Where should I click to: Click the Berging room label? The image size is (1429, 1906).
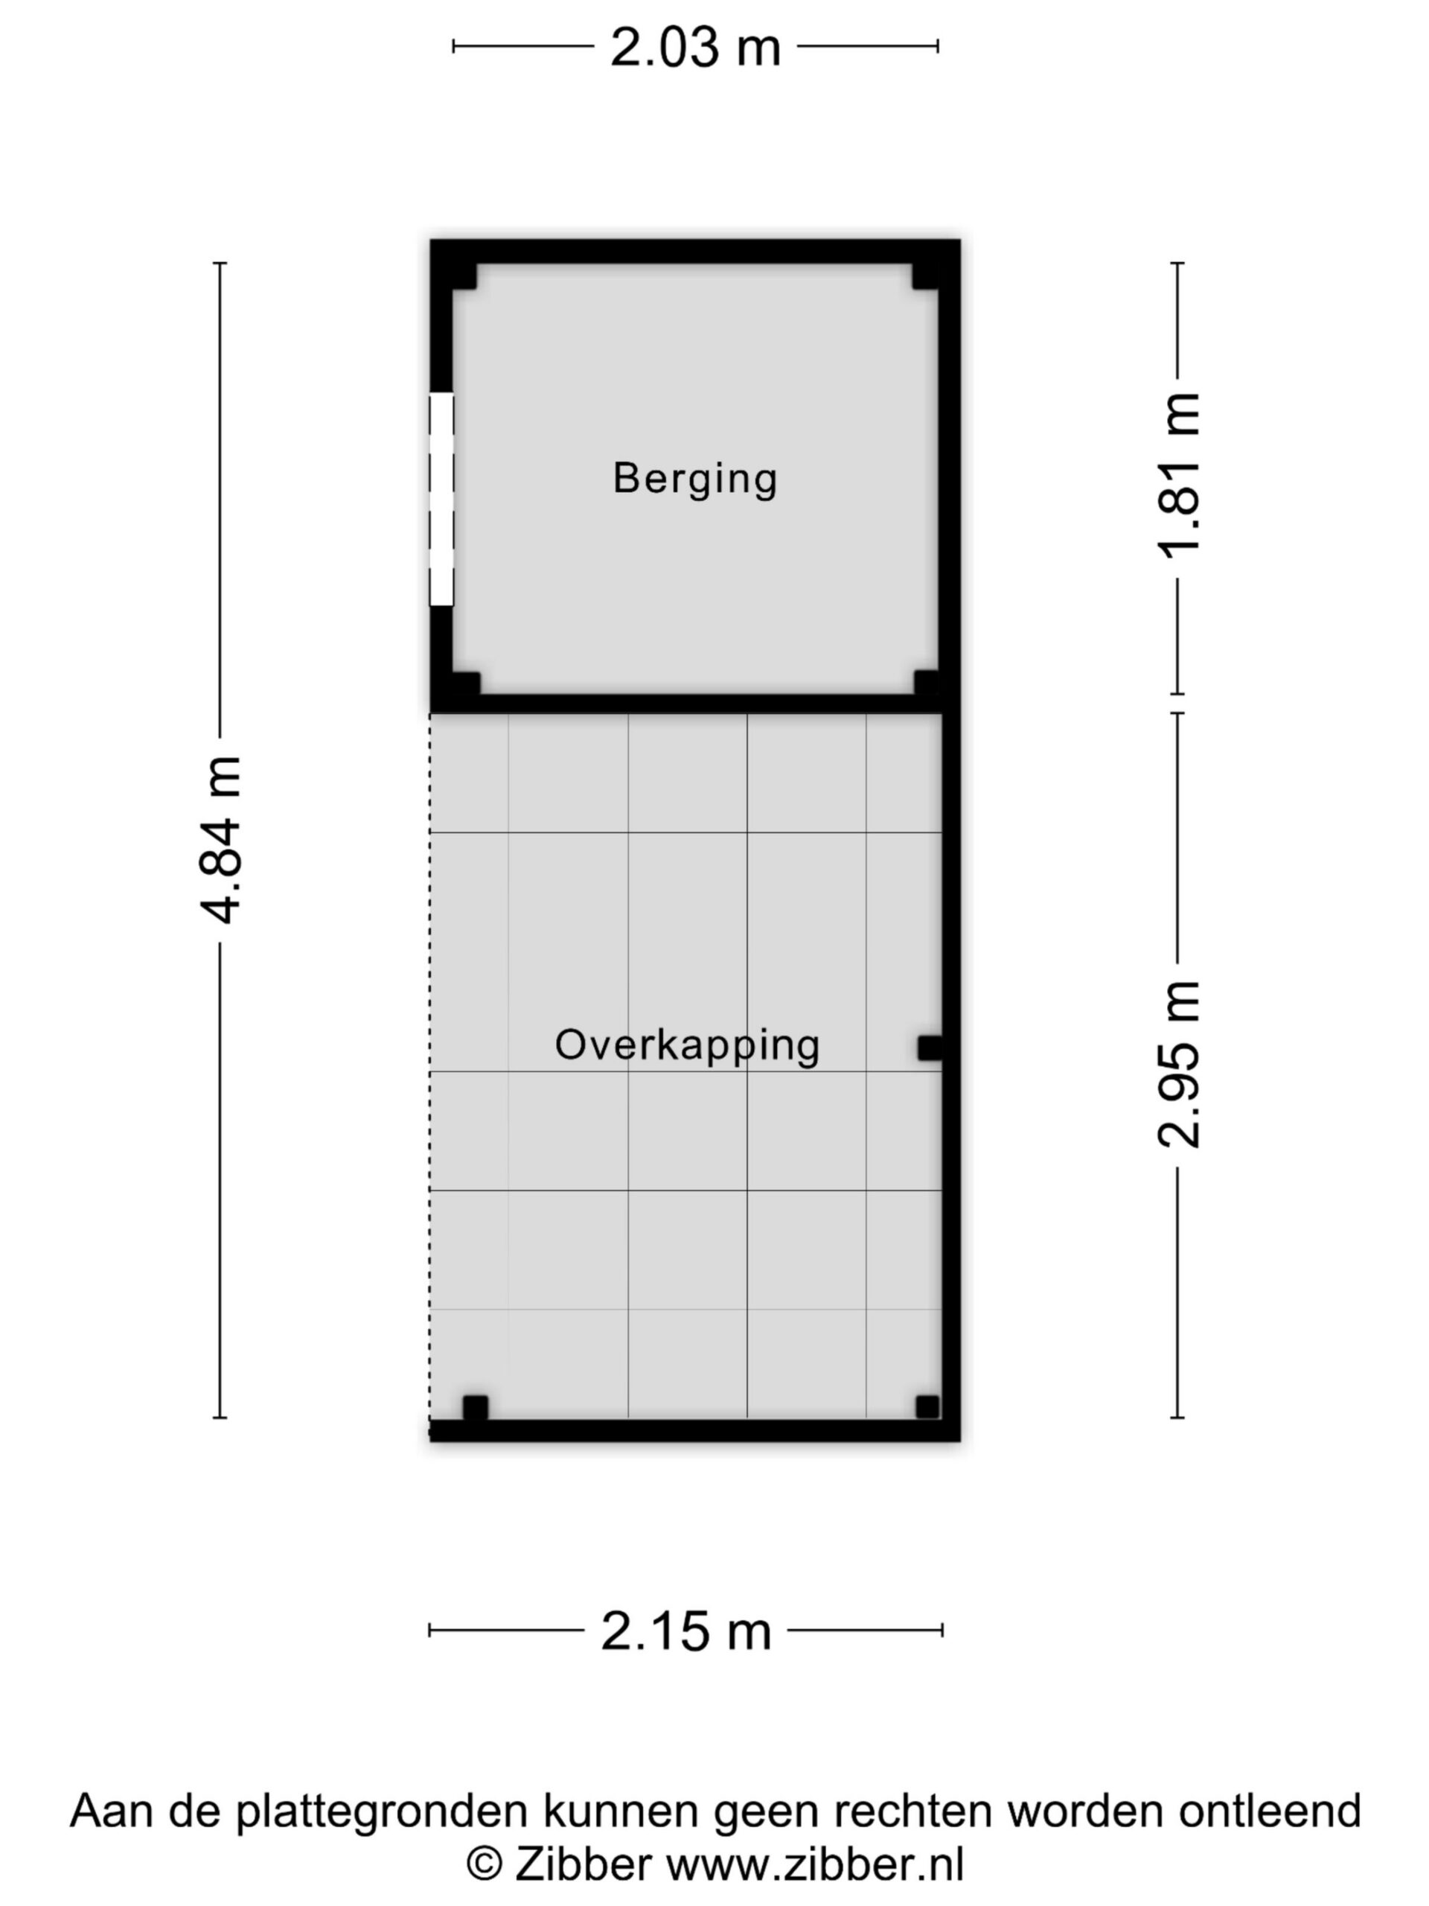pyautogui.click(x=694, y=478)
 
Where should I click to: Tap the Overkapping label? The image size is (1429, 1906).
pyautogui.click(x=686, y=1046)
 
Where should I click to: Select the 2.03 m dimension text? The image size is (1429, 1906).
pyautogui.click(x=695, y=48)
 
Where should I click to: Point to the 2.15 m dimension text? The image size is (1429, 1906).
pyautogui.click(x=685, y=1631)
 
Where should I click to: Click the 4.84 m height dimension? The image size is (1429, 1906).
pyautogui.click(x=220, y=839)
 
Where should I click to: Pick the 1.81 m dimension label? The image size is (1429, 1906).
pyautogui.click(x=1178, y=476)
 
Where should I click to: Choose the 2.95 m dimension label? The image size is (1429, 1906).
pyautogui.click(x=1178, y=1064)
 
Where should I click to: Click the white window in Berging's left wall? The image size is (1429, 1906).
pyautogui.click(x=441, y=499)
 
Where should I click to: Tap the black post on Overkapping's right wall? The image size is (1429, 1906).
pyautogui.click(x=930, y=1048)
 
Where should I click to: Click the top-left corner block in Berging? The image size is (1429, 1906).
pyautogui.click(x=464, y=275)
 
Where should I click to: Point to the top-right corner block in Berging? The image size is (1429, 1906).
pyautogui.click(x=925, y=275)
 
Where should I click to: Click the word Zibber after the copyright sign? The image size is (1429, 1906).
pyautogui.click(x=584, y=1864)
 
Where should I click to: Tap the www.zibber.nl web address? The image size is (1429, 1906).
pyautogui.click(x=815, y=1864)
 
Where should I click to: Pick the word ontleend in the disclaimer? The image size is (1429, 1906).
pyautogui.click(x=1270, y=1811)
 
